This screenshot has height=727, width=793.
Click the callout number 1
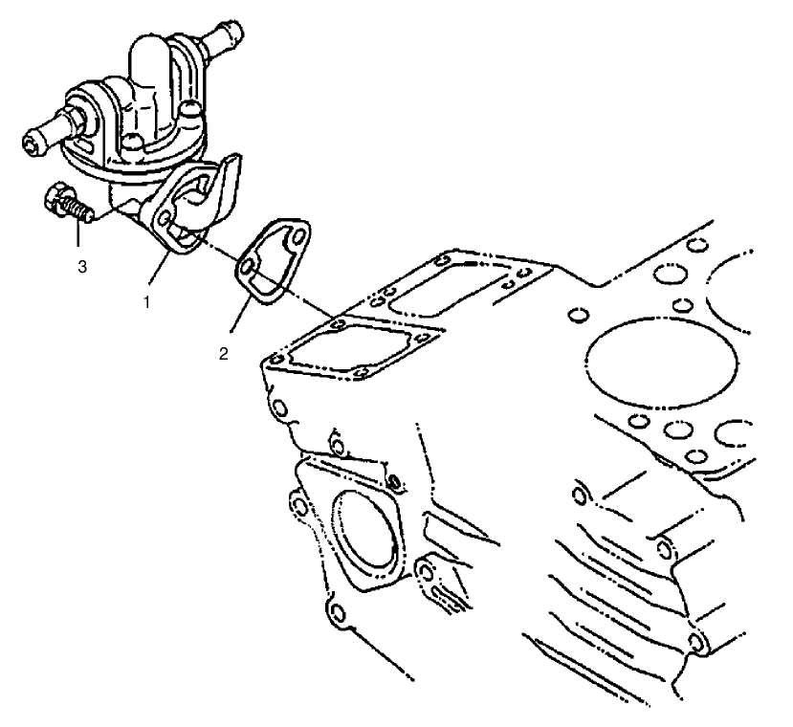pyautogui.click(x=145, y=300)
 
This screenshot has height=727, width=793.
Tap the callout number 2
pyautogui.click(x=222, y=352)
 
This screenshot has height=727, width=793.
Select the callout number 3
pyautogui.click(x=82, y=267)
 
